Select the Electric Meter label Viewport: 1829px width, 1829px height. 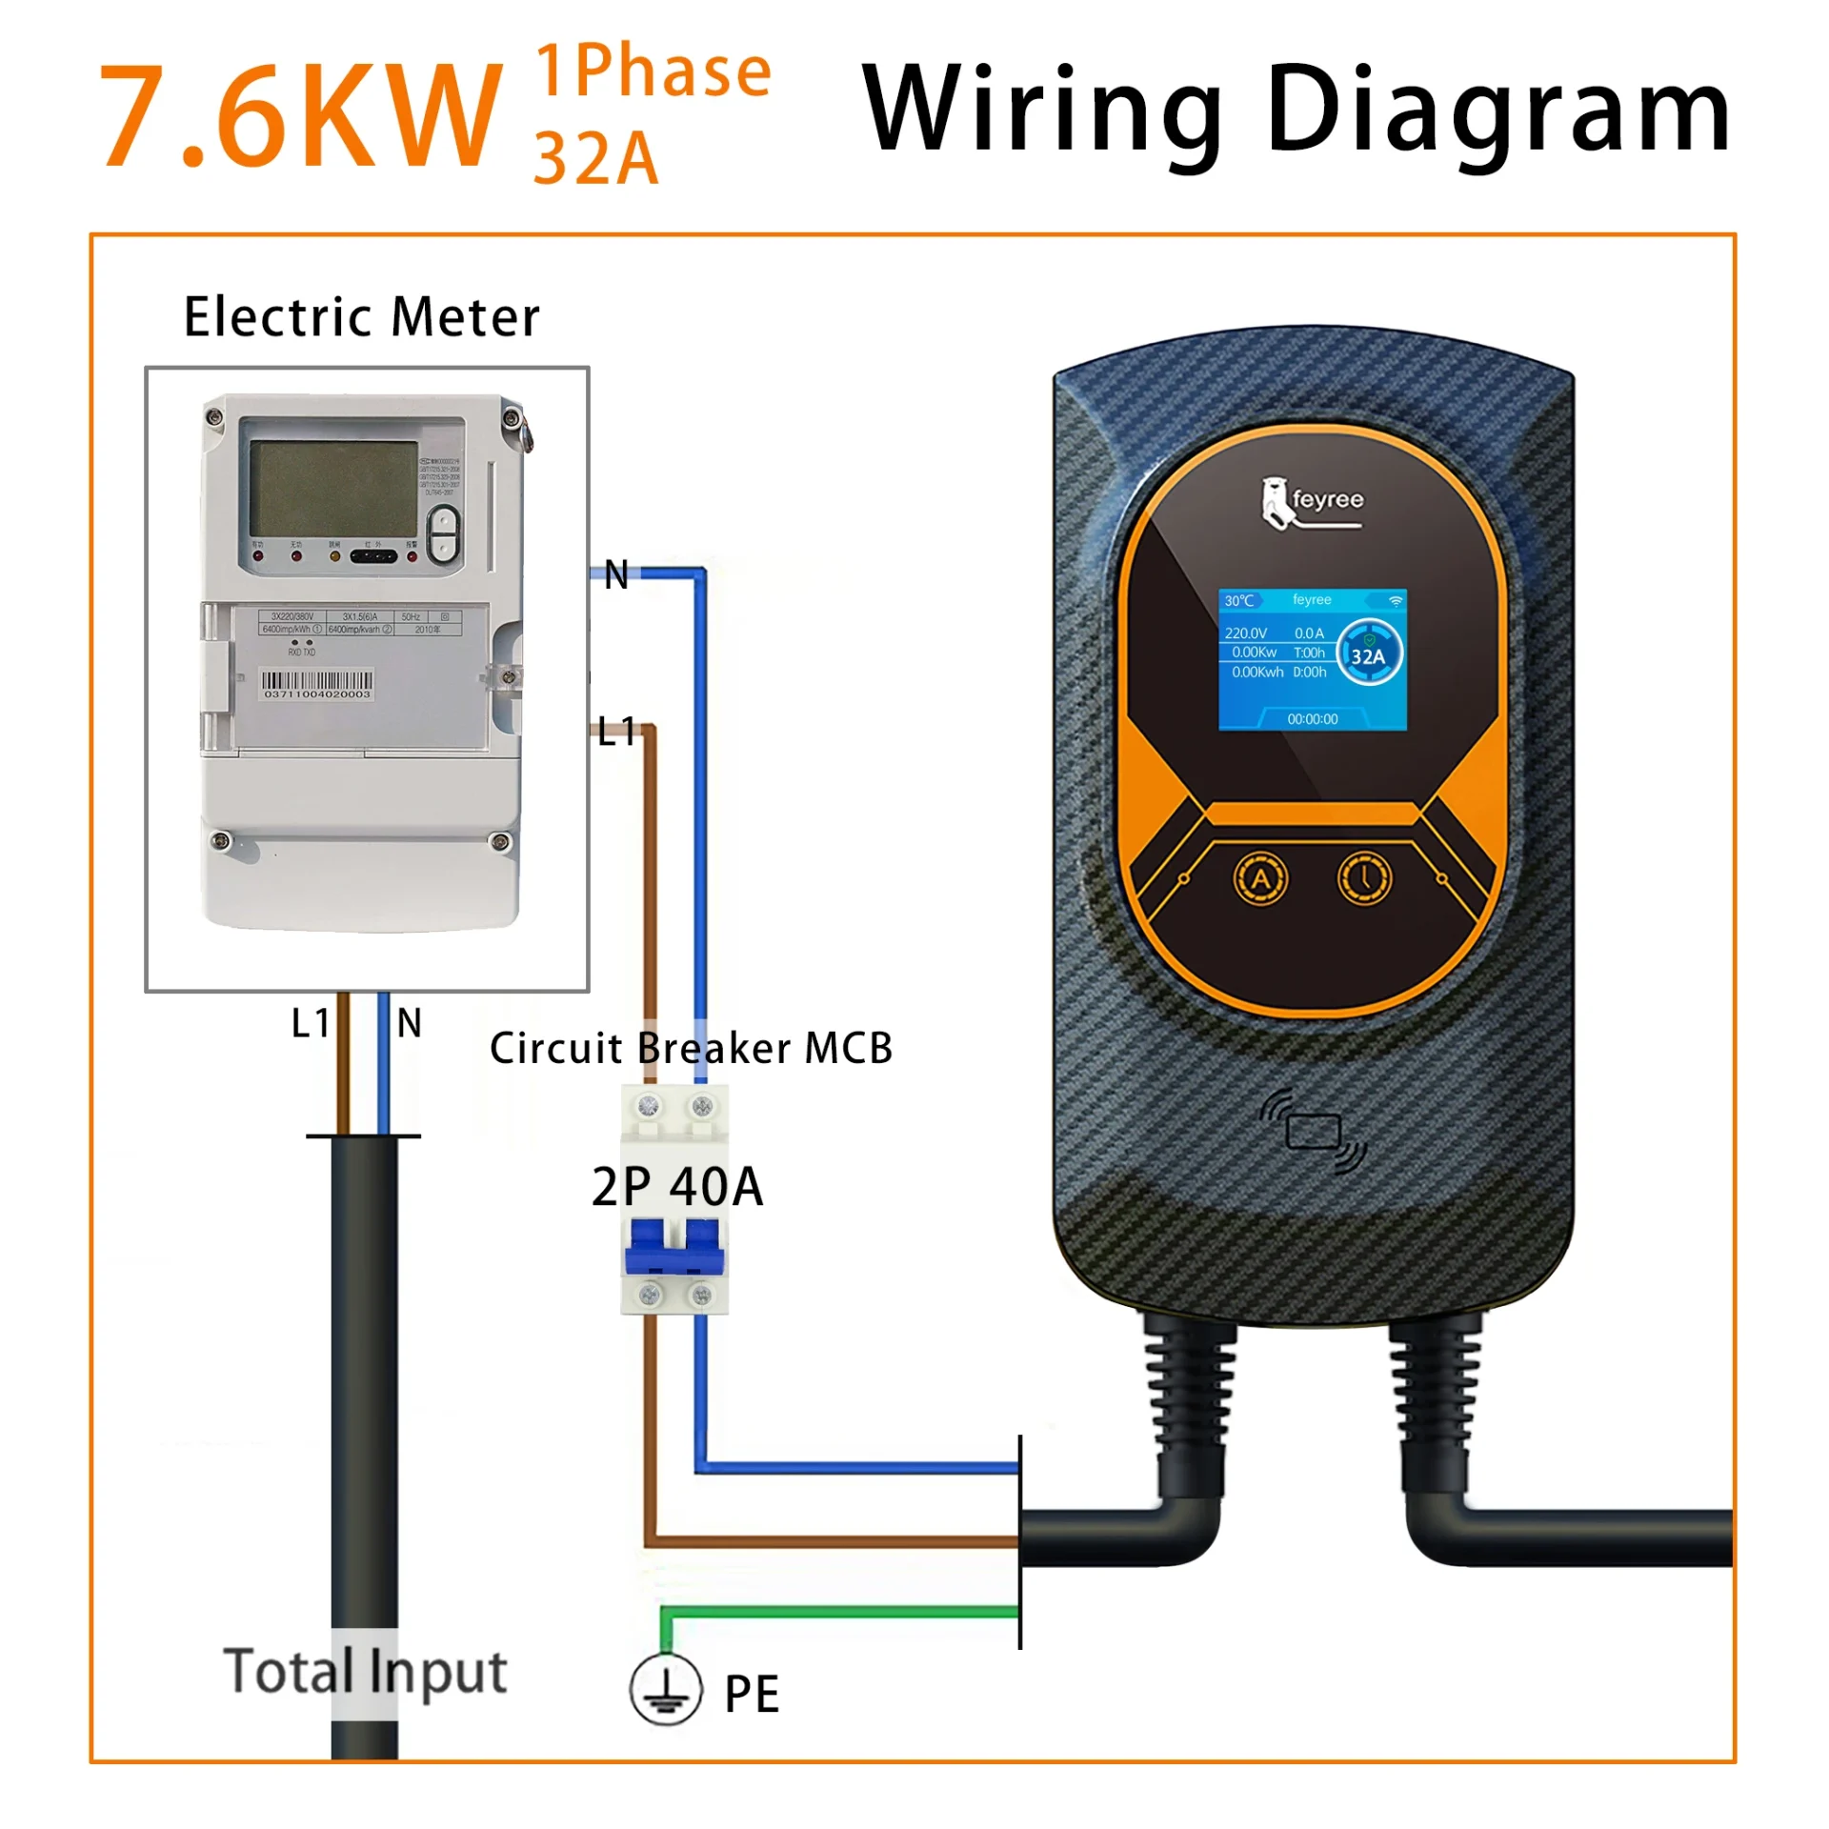coord(361,317)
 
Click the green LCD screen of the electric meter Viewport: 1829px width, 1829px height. coord(332,489)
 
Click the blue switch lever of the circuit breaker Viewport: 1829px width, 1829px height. coord(674,1246)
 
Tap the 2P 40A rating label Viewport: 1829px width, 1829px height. coord(677,1187)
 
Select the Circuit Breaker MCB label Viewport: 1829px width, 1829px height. coord(691,1049)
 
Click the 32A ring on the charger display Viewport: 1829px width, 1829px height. coord(1369,655)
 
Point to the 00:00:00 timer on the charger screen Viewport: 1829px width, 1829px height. coord(1312,719)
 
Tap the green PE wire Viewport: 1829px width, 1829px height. coord(838,1612)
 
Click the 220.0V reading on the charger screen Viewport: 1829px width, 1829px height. coord(1245,633)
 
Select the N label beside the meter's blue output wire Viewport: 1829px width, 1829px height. coord(616,574)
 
